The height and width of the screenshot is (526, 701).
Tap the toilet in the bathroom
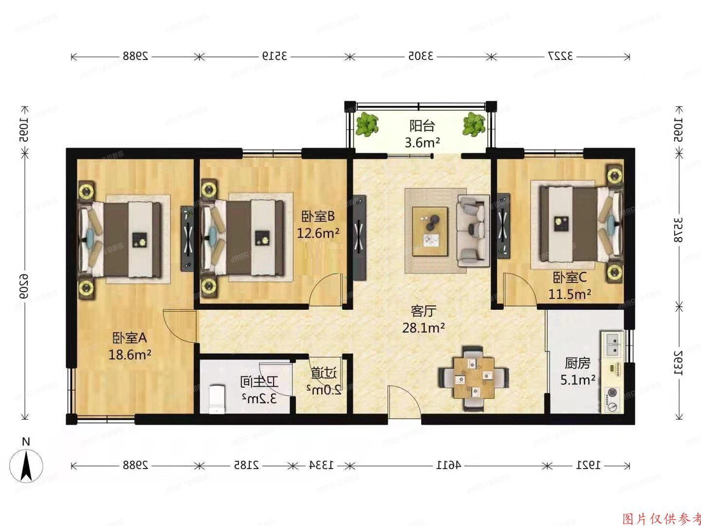point(216,399)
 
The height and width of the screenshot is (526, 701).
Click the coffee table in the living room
point(430,231)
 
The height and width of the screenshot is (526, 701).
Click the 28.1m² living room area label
point(423,328)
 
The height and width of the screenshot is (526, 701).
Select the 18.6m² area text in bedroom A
point(129,354)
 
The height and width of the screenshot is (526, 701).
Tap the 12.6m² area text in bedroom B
point(318,233)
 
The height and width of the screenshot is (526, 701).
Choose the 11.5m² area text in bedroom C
point(570,294)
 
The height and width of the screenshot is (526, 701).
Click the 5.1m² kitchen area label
point(578,380)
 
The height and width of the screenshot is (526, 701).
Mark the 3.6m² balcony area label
point(422,142)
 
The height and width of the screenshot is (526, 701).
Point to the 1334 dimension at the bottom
point(321,465)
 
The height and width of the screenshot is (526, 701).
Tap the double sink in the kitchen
point(612,343)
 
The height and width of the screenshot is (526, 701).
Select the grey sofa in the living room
point(473,230)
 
